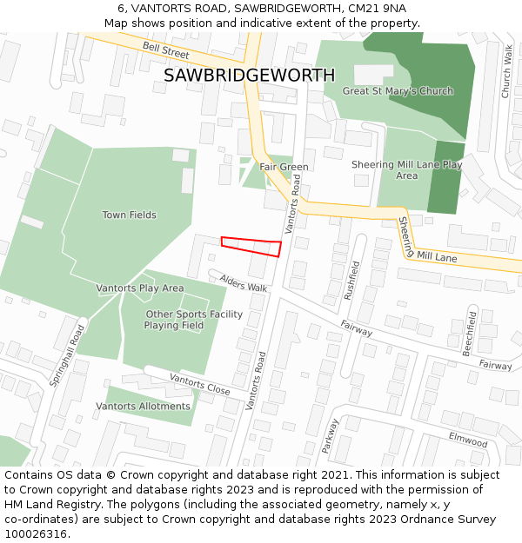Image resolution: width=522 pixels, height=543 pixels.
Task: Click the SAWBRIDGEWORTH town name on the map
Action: pyautogui.click(x=249, y=75)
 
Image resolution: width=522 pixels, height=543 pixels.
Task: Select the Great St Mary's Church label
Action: pyautogui.click(x=398, y=91)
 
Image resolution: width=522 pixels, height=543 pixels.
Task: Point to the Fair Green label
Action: pyautogui.click(x=284, y=167)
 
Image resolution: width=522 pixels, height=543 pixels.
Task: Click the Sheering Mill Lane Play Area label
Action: pyautogui.click(x=406, y=169)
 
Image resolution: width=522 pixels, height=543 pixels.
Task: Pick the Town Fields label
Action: pyautogui.click(x=129, y=215)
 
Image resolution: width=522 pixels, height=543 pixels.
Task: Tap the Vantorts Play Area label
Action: pyautogui.click(x=139, y=288)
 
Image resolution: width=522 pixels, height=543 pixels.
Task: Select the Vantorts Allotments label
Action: pyautogui.click(x=143, y=406)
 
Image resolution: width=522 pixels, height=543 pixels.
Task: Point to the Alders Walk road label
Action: pyautogui.click(x=244, y=282)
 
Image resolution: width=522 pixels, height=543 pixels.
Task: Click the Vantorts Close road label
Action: pyautogui.click(x=199, y=384)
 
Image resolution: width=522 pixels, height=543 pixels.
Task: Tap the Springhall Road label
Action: pyautogui.click(x=67, y=355)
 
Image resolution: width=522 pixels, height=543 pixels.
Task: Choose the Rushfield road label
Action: pyautogui.click(x=351, y=280)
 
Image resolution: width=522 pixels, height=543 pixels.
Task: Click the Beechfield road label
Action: pyautogui.click(x=470, y=332)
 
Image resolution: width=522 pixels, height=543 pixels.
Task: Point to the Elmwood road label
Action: pyautogui.click(x=467, y=440)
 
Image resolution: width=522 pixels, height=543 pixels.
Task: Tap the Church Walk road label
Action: pyautogui.click(x=506, y=72)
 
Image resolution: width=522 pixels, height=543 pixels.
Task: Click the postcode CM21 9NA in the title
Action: pyautogui.click(x=369, y=9)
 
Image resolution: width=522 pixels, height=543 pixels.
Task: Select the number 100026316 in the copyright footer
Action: pyautogui.click(x=35, y=533)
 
